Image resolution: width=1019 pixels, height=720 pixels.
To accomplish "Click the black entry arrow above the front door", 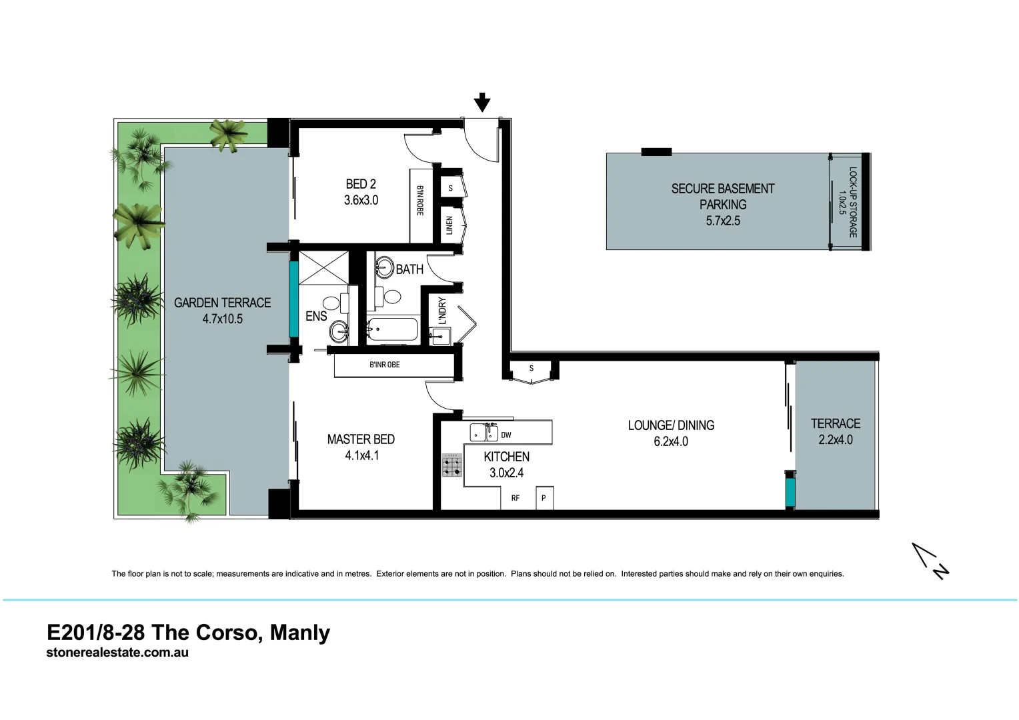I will [482, 103].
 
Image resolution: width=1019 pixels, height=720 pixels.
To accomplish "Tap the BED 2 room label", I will [361, 184].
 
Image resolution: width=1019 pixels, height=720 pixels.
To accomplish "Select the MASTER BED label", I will [361, 439].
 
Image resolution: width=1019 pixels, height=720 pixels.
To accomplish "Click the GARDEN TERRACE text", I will [222, 303].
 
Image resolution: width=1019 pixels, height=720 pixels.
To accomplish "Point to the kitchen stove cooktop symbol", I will [452, 465].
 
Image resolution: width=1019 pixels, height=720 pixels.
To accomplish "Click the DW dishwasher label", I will [506, 435].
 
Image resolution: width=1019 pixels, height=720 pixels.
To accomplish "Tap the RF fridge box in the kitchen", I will [516, 498].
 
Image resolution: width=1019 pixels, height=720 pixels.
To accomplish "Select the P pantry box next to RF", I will [544, 498].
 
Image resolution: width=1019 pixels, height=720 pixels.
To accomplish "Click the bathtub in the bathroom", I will [393, 329].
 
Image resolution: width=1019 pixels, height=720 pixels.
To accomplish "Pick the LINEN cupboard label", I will [449, 225].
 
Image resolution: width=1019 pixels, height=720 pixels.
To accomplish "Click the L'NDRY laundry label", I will [441, 311].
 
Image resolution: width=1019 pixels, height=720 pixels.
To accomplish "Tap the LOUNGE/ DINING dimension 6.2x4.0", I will [671, 441].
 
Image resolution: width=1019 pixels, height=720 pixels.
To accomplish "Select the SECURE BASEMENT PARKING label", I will [723, 197].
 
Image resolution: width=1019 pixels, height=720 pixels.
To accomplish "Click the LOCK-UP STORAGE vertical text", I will [852, 202].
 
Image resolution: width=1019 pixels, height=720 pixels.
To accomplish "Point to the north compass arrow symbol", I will [930, 561].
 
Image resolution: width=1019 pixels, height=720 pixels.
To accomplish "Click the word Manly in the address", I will [300, 632].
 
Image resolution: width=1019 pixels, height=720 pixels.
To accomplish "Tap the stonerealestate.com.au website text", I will [117, 653].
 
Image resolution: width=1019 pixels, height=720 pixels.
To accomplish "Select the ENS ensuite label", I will [316, 316].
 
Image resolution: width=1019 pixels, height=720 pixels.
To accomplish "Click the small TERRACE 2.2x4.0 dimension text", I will [836, 440].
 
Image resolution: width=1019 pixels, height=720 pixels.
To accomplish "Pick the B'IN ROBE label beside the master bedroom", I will [385, 365].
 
